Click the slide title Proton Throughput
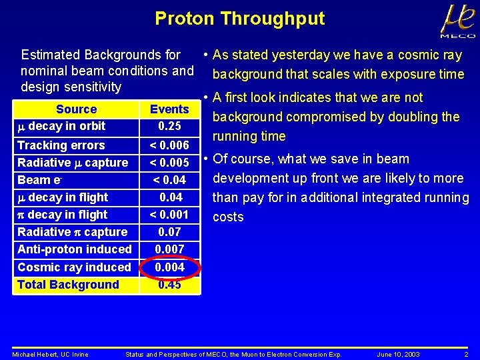pos(239,19)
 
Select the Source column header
pos(76,109)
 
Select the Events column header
pos(169,109)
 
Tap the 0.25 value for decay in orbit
pos(169,126)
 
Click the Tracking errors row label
pos(61,145)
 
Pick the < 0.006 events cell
pos(169,145)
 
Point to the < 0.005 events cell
pos(169,163)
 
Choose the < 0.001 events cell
pos(169,215)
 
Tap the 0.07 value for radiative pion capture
pos(169,232)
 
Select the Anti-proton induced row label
pos(74,249)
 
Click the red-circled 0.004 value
pos(169,267)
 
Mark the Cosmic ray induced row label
pos(74,267)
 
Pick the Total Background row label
pos(67,285)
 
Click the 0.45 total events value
pos(169,285)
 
